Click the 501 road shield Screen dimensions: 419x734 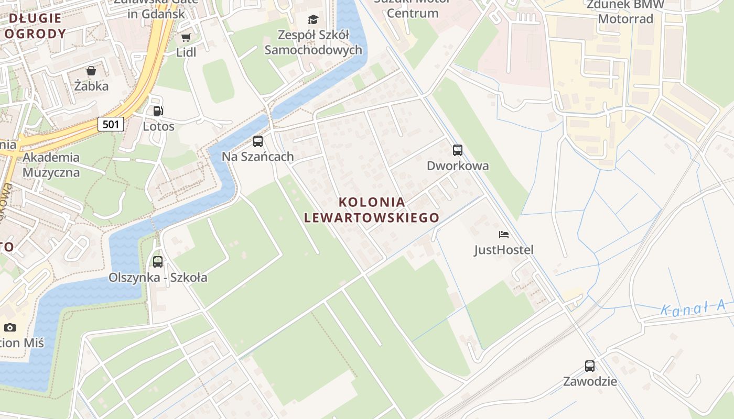coord(111,124)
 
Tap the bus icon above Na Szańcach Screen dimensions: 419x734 coord(257,141)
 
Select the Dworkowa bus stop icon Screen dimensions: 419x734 coord(457,150)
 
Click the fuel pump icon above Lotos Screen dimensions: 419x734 coord(158,111)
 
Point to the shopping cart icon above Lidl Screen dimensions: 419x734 coord(186,37)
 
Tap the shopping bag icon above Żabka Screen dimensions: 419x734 coord(91,71)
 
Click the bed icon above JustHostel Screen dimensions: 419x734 coord(503,235)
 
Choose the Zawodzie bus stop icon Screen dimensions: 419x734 coord(590,366)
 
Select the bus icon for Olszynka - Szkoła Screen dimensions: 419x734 coord(158,261)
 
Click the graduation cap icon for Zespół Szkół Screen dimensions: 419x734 coord(313,20)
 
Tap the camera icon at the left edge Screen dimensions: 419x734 coord(9,328)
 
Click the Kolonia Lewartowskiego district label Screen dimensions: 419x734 coord(372,210)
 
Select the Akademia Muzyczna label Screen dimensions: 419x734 coord(51,164)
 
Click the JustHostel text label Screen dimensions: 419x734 coord(504,250)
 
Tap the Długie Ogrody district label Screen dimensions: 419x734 coord(36,26)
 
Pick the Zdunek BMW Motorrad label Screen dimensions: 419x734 coord(625,12)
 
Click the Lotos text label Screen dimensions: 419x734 coord(158,126)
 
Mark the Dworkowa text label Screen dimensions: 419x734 coord(457,166)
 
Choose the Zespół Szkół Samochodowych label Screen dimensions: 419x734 coord(313,42)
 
